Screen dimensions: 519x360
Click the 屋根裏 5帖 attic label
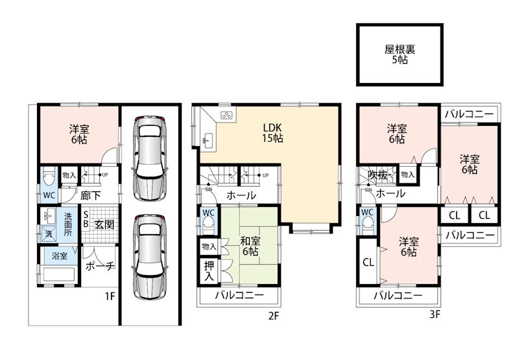pyautogui.click(x=400, y=54)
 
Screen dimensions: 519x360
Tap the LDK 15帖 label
pyautogui.click(x=272, y=133)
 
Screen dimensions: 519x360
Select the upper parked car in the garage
pyautogui.click(x=149, y=158)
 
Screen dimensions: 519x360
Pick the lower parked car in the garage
pyautogui.click(x=149, y=257)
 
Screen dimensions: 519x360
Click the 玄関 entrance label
pyautogui.click(x=104, y=224)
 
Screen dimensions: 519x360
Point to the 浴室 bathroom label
pyautogui.click(x=60, y=256)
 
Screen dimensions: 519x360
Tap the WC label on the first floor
pyautogui.click(x=49, y=195)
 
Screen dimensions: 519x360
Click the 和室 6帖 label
pyautogui.click(x=250, y=246)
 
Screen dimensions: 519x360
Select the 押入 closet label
pyautogui.click(x=208, y=271)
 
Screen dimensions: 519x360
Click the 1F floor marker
pyautogui.click(x=110, y=296)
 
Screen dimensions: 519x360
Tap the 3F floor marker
pyautogui.click(x=435, y=315)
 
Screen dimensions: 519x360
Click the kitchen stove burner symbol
pyautogui.click(x=227, y=115)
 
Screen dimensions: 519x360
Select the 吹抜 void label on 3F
pyautogui.click(x=378, y=175)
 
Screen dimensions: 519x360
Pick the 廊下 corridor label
pyautogui.click(x=91, y=195)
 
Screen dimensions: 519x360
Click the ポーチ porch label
pyautogui.click(x=101, y=266)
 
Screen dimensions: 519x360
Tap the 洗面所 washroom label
pyautogui.click(x=68, y=224)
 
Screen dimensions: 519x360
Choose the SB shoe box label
pyautogui.click(x=86, y=219)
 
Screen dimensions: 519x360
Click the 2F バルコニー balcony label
pyautogui.click(x=239, y=295)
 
